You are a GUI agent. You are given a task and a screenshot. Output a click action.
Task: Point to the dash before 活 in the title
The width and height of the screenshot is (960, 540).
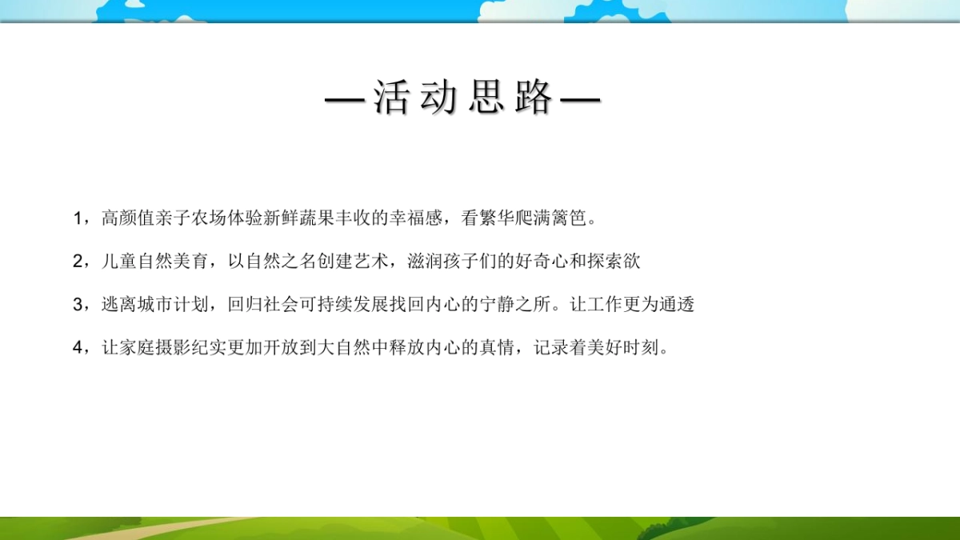[x=345, y=99]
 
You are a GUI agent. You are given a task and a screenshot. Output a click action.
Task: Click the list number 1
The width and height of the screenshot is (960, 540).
[x=77, y=218]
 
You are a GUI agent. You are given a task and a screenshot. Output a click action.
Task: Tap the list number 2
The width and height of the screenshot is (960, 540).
[x=77, y=262]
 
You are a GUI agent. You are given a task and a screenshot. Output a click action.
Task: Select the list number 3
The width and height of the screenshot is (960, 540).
[x=77, y=305]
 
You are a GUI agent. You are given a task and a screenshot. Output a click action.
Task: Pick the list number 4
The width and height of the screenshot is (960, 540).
[x=77, y=348]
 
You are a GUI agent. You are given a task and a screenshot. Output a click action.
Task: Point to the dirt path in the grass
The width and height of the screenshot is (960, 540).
[x=160, y=529]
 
